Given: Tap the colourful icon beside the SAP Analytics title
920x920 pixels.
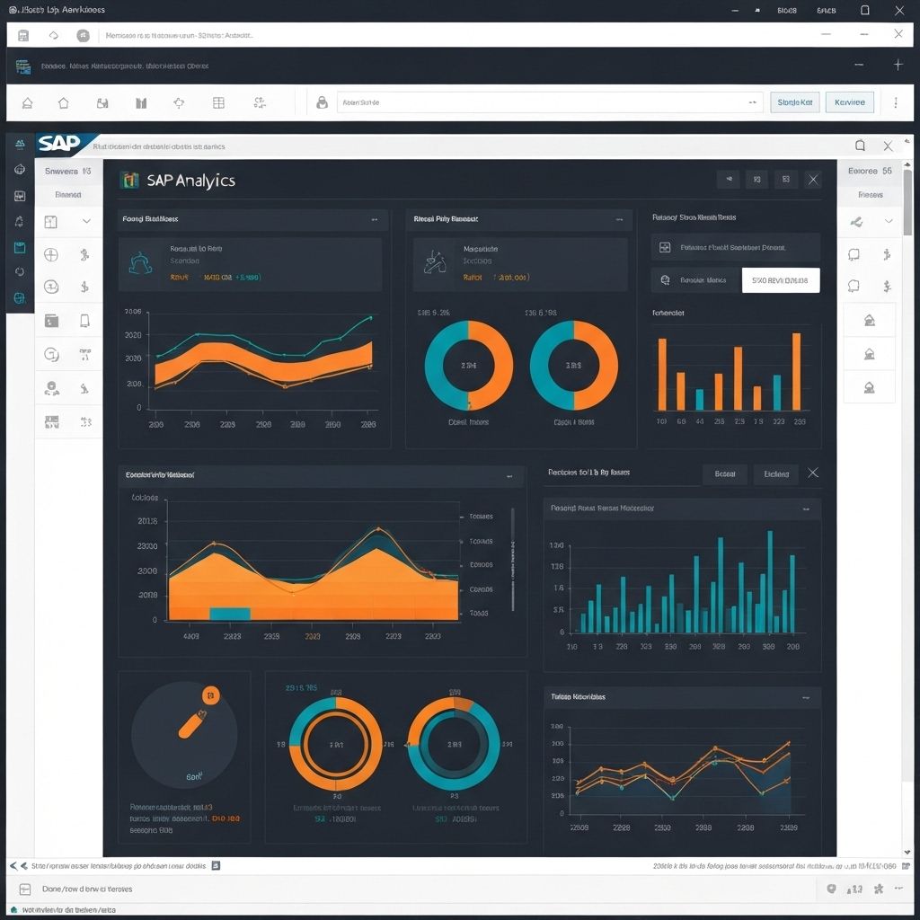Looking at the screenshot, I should pos(129,180).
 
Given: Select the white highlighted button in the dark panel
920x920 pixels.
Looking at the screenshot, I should pos(780,280).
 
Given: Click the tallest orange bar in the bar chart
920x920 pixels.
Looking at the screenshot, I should pos(796,371).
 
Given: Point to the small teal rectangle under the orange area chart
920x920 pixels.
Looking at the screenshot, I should pos(230,614).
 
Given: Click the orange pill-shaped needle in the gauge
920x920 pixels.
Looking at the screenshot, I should pos(192,724).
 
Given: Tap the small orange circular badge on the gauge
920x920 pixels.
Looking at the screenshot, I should pos(211,694).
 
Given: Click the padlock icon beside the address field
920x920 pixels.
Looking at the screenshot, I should pos(322,103).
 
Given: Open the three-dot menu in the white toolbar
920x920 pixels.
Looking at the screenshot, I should pos(896,102).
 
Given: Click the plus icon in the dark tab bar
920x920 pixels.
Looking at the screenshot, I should pos(898,65).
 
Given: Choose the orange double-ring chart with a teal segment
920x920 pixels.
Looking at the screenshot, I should pos(335,745).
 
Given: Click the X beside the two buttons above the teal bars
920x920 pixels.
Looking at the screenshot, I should pos(813,473).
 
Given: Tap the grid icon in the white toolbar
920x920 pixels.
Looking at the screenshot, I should pos(218,103).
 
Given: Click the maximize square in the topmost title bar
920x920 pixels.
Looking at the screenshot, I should pos(864,10).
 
